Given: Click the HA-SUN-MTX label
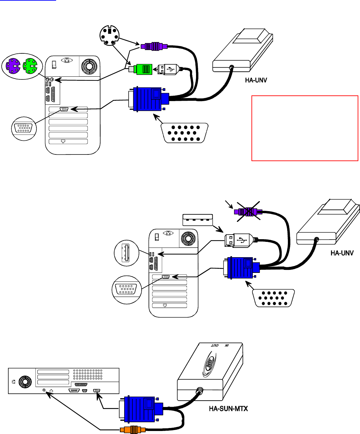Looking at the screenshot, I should pyautogui.click(x=228, y=408).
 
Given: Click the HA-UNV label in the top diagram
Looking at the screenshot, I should pyautogui.click(x=256, y=80).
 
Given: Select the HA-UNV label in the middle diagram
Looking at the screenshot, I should pyautogui.click(x=342, y=253).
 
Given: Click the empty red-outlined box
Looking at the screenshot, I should pyautogui.click(x=305, y=128).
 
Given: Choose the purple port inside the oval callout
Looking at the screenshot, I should pyautogui.click(x=14, y=66).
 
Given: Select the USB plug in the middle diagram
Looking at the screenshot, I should pyautogui.click(x=238, y=240).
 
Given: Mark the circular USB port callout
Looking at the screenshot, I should pyautogui.click(x=126, y=253).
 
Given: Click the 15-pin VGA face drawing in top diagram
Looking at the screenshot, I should pyautogui.click(x=185, y=133).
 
